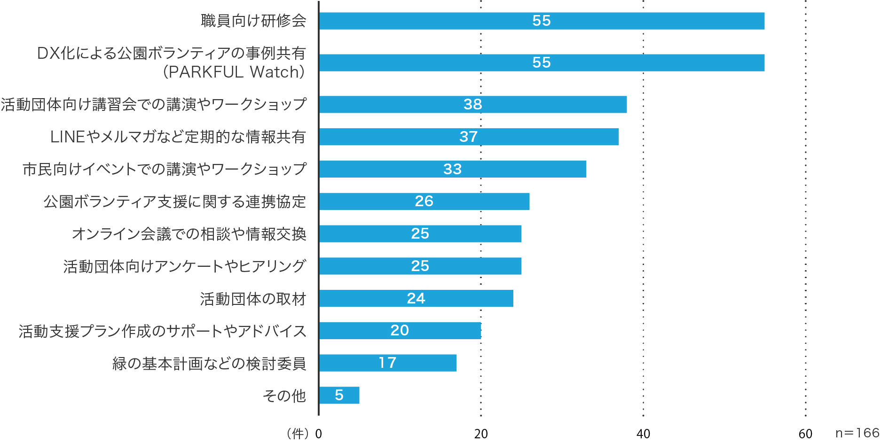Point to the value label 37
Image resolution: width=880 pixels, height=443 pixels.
coord(468,137)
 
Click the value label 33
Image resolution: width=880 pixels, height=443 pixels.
coord(452,169)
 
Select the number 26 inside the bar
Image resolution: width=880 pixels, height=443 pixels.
coord(424,201)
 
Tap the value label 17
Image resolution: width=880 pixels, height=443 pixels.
coord(387,363)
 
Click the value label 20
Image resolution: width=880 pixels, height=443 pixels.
coord(399,331)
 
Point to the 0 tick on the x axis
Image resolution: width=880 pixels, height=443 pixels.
coord(318,434)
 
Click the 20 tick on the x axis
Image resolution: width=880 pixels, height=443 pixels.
coord(480,434)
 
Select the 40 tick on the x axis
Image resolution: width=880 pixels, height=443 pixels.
coord(643,434)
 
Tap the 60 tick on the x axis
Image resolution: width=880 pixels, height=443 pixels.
coord(805,434)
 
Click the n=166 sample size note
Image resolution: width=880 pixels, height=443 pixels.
coord(857,433)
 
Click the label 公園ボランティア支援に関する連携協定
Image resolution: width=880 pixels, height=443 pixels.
coord(175,202)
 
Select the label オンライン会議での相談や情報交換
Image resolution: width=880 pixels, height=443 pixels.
coord(189,234)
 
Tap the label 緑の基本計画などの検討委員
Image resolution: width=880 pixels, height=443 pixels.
coord(209,364)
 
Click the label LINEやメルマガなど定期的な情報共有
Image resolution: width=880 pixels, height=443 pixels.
coord(178,137)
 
